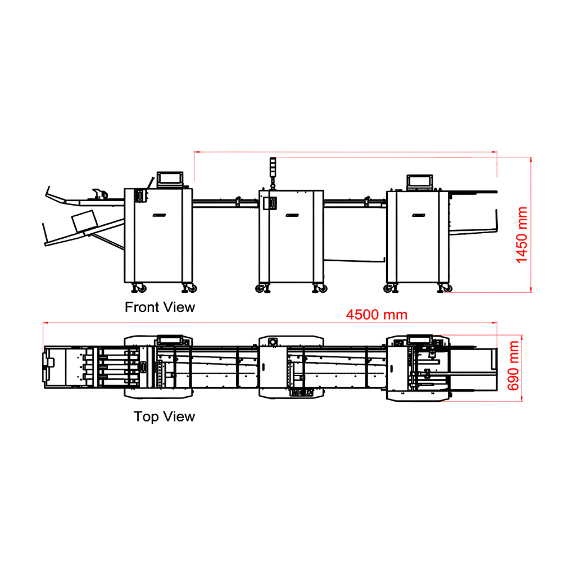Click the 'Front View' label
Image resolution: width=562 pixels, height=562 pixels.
point(160,307)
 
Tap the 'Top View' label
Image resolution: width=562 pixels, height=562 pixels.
point(164,416)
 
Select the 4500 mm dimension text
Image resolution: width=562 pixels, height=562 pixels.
point(377,315)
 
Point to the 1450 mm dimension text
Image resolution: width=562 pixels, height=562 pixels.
point(522,235)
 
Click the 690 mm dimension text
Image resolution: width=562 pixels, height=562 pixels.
point(513,366)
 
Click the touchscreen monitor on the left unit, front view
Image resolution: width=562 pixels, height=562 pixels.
point(170,179)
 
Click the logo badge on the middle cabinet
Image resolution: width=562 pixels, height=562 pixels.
point(292,215)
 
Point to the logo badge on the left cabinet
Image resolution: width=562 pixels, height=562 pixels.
point(159,215)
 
